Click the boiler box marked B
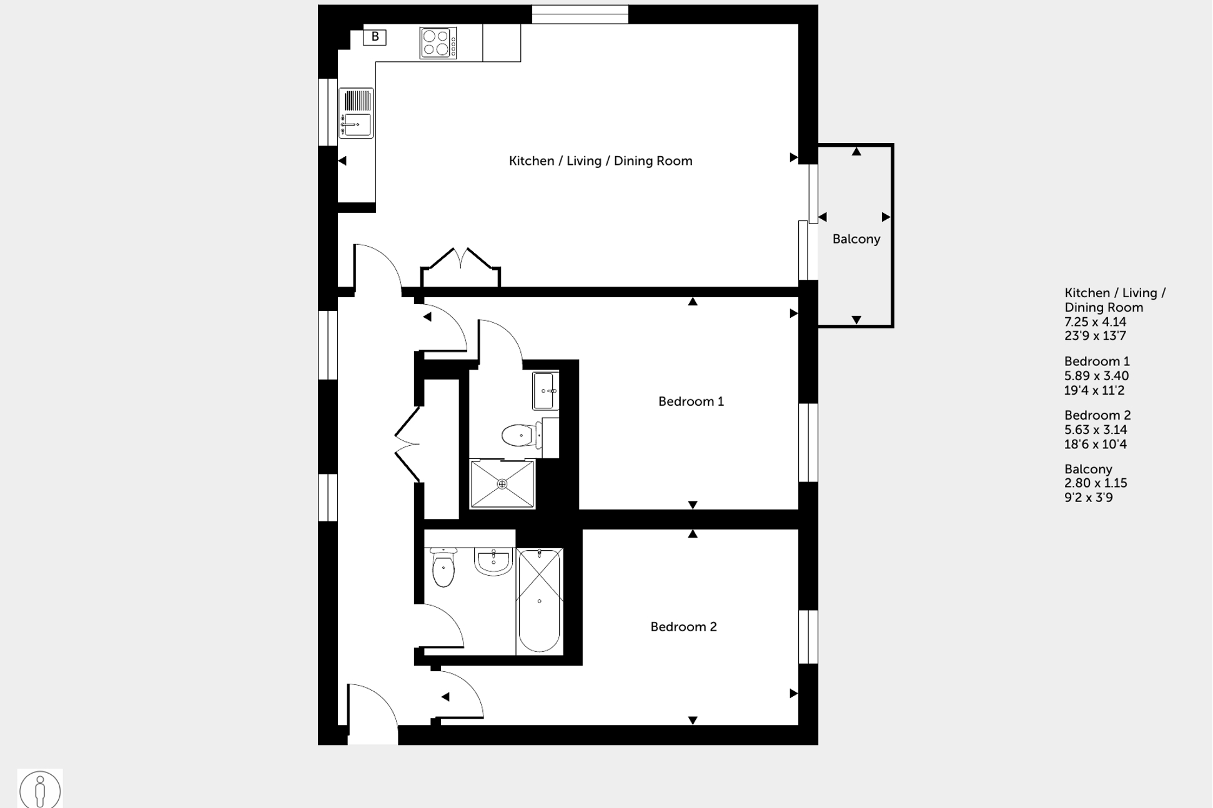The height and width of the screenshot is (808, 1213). (375, 37)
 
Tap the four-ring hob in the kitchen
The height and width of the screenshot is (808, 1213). (438, 43)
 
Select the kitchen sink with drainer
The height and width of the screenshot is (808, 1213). (356, 113)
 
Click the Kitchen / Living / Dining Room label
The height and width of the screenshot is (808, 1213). (600, 161)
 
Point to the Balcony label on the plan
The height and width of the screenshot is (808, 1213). (856, 239)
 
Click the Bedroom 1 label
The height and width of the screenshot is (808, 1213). (691, 402)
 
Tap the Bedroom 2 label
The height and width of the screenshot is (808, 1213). (683, 627)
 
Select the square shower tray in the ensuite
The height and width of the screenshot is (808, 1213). (502, 484)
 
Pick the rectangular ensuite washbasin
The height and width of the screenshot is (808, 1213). (545, 391)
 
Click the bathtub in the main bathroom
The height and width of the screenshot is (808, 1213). (539, 601)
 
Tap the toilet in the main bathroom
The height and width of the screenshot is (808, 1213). (443, 568)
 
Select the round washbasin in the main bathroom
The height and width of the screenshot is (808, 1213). (493, 561)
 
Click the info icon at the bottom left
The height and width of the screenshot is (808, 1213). (40, 789)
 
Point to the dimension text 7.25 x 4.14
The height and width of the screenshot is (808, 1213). (1095, 322)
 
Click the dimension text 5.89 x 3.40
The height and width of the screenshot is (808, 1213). (1096, 376)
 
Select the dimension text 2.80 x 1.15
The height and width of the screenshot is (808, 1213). (1095, 483)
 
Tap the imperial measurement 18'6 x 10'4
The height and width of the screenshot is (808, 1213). (1095, 445)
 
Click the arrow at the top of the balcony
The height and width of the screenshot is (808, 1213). (856, 152)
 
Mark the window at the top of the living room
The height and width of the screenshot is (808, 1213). (580, 14)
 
